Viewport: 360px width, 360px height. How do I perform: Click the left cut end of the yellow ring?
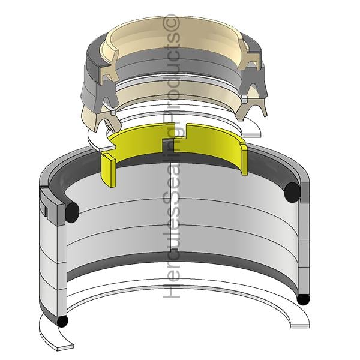point(109,169)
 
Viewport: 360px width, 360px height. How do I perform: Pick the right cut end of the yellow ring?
point(245,158)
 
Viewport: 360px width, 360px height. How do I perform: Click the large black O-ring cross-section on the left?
point(72,212)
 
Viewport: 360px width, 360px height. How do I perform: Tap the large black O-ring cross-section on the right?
point(292,192)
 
